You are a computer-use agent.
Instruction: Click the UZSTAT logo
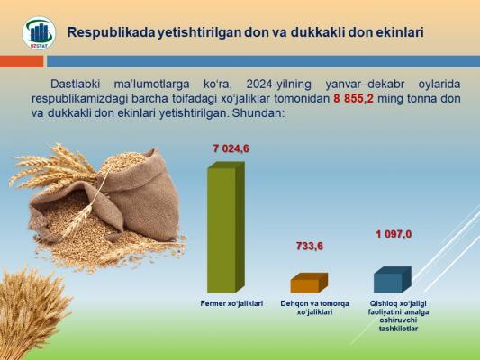39,32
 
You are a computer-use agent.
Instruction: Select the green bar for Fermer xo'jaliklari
226,228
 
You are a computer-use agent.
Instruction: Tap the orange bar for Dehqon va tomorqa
309,283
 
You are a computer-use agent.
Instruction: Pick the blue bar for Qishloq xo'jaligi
393,280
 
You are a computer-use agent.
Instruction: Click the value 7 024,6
231,149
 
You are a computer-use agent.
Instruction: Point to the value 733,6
310,247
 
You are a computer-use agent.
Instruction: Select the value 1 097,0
394,235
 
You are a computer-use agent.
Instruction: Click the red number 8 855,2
353,99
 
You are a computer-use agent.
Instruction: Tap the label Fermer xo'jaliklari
231,303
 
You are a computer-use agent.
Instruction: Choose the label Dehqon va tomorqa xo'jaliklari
314,308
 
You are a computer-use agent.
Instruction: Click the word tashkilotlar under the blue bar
398,328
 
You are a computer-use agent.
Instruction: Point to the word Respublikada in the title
112,32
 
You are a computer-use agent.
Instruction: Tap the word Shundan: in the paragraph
258,113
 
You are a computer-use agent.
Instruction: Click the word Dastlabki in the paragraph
75,84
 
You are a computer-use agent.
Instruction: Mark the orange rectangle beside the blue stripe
22,61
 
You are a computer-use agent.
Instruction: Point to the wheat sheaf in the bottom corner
31,313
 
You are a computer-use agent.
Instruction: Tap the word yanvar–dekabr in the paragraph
365,84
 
